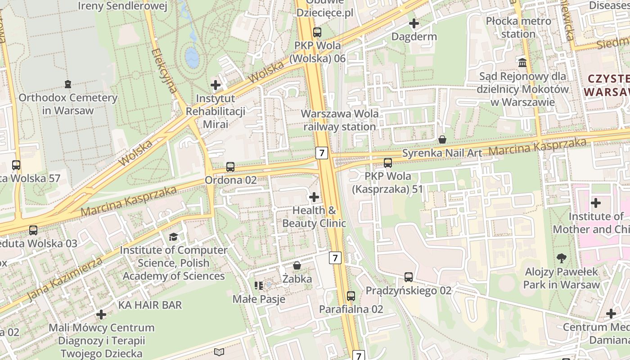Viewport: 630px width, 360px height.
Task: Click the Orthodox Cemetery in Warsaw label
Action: [68, 104]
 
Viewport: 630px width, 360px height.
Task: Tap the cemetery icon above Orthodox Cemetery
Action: [68, 84]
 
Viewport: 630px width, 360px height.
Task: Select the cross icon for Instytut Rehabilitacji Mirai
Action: [216, 85]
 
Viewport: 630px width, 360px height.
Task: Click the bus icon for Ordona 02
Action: [230, 167]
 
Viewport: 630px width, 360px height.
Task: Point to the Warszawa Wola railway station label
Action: [340, 120]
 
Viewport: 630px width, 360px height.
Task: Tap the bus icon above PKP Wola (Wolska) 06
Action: [317, 32]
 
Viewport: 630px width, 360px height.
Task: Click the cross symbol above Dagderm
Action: [414, 23]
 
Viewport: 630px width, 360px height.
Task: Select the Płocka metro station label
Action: [518, 27]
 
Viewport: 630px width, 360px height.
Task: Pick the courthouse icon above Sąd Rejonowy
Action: [522, 63]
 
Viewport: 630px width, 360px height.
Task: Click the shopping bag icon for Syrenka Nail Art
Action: [442, 139]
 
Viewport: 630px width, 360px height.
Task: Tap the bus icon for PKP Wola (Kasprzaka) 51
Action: [387, 163]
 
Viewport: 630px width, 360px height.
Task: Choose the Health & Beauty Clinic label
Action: [314, 216]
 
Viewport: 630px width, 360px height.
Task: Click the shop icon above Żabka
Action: [297, 265]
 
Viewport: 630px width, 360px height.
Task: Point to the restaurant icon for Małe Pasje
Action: [258, 285]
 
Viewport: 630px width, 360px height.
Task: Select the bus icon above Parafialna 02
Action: [351, 296]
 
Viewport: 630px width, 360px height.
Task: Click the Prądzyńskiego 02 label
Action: [408, 291]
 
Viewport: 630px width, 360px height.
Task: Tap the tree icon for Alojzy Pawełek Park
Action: [561, 258]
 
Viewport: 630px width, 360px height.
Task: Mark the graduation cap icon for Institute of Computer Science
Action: [173, 237]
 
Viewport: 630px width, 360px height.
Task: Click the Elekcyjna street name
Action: [165, 71]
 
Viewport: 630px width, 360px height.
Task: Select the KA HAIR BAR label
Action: [150, 305]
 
